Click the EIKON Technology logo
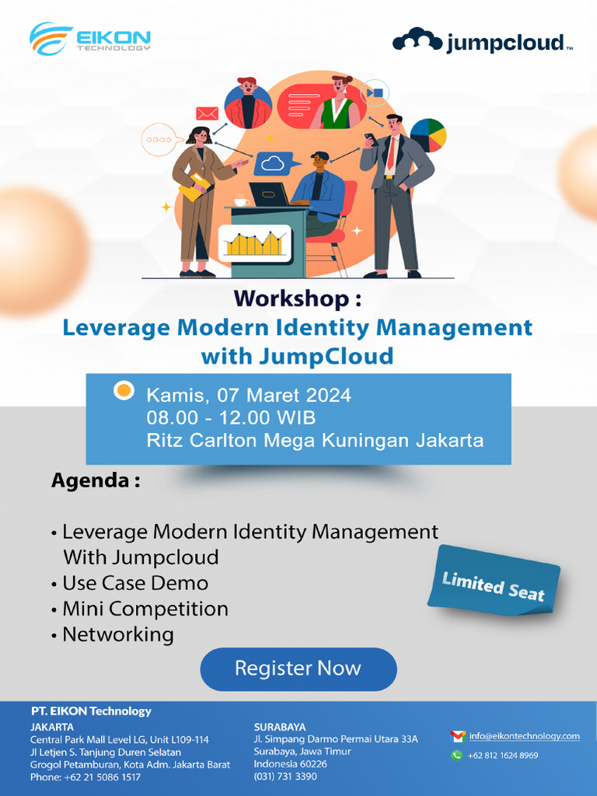click(x=90, y=38)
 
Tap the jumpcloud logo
click(x=482, y=40)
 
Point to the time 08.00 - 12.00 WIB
click(x=231, y=417)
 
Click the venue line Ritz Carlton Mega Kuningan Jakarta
click(x=315, y=441)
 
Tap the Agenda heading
click(x=95, y=480)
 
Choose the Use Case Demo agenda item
click(x=135, y=582)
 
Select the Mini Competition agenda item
click(x=145, y=608)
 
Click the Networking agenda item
click(x=117, y=634)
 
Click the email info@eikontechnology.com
click(x=525, y=735)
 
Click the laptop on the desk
click(x=269, y=194)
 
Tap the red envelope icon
click(x=207, y=113)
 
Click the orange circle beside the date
click(x=124, y=390)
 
